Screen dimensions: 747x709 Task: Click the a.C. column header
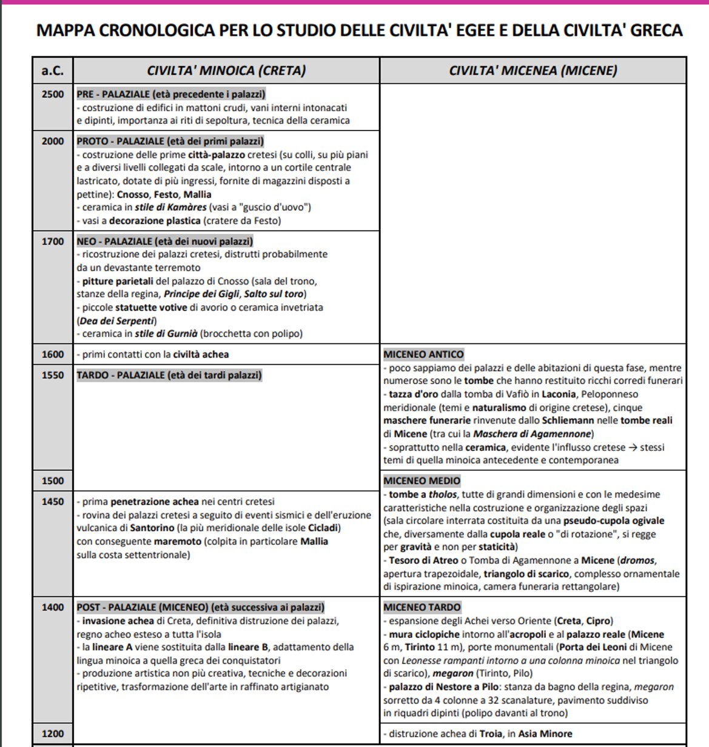52,70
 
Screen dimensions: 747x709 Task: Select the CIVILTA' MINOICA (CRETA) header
226,70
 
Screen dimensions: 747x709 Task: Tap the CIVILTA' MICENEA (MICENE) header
533,70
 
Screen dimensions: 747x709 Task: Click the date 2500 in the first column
52,94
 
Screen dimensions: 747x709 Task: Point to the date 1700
52,242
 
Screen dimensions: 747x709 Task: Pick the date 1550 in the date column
52,375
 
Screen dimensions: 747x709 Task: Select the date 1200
52,734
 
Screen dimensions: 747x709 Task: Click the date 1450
52,502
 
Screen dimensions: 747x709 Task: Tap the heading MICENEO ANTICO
423,354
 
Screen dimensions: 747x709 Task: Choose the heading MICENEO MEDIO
422,481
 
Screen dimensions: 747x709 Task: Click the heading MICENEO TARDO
422,607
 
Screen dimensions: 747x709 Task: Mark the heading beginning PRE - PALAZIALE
171,94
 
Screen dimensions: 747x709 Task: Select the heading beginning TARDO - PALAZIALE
169,375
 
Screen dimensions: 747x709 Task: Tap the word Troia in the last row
491,734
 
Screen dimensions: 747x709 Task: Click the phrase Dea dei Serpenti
117,321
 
